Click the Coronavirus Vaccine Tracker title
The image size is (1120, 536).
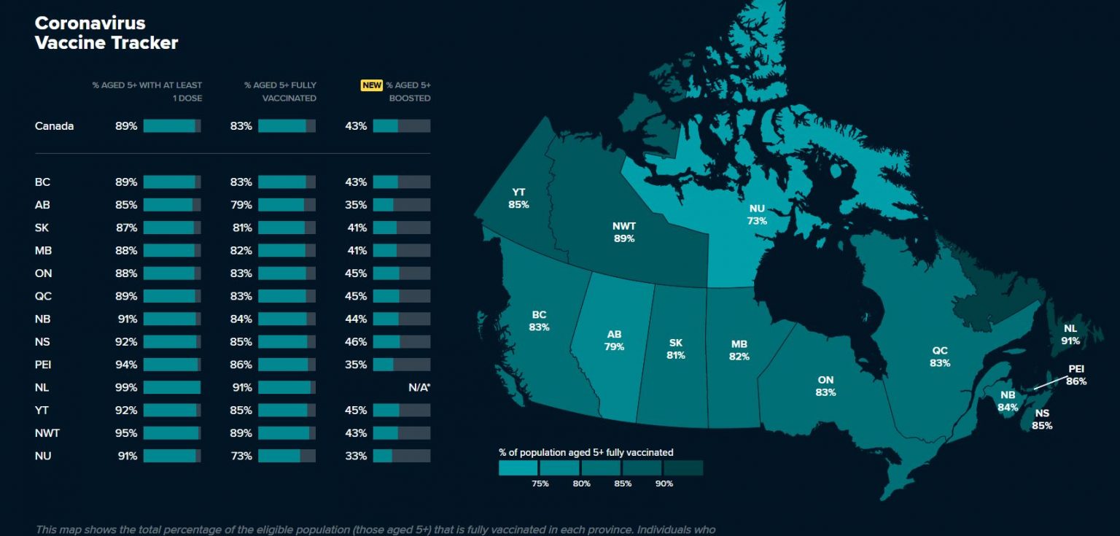[106, 33]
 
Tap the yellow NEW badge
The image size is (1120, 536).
[371, 85]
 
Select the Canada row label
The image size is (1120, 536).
[54, 126]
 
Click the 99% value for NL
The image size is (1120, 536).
[126, 387]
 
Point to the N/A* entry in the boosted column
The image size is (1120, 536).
[419, 387]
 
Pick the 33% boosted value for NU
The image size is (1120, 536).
[356, 456]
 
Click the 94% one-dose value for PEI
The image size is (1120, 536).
[126, 365]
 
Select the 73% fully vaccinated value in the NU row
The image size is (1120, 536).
[241, 456]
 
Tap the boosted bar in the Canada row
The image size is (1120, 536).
[401, 126]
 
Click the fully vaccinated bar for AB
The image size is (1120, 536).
[287, 205]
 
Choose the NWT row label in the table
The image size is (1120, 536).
[47, 433]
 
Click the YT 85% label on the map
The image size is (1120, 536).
[518, 198]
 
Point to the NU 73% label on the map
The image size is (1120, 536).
[757, 214]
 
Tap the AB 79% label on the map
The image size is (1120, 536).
[614, 341]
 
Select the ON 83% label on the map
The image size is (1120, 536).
[825, 386]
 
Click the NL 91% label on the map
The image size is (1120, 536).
[1070, 334]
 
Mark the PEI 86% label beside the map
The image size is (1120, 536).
[1076, 375]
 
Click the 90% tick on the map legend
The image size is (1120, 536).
[664, 483]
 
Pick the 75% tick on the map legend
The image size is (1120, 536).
[540, 483]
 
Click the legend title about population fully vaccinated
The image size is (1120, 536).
[586, 452]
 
